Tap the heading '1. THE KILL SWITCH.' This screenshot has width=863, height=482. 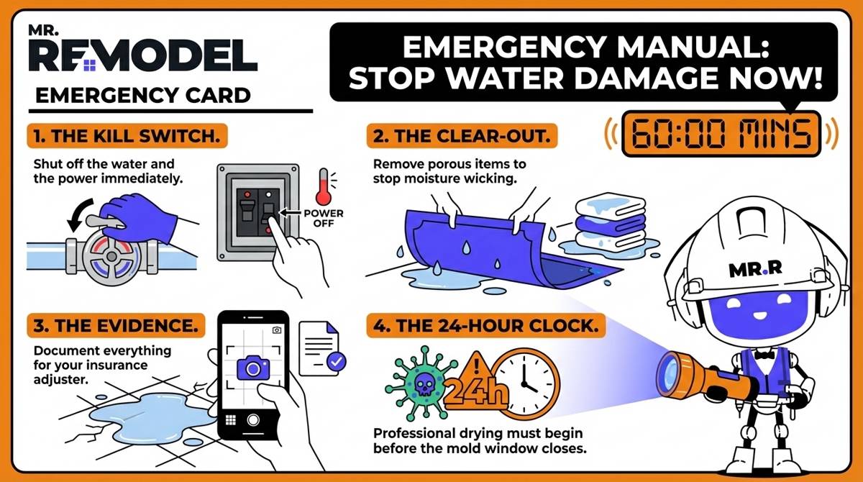(x=127, y=135)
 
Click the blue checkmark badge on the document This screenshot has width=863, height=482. (x=334, y=362)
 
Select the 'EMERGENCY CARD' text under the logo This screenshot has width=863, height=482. (x=143, y=95)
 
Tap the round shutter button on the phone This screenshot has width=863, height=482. (x=252, y=420)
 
